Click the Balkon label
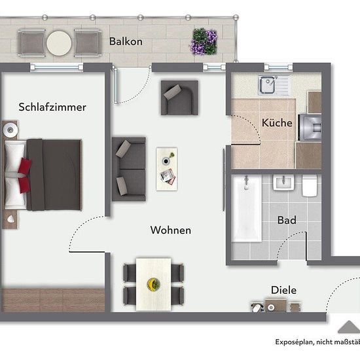click(x=126, y=41)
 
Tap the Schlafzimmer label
click(x=52, y=107)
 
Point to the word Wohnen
click(x=171, y=230)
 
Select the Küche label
click(x=277, y=122)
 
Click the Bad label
click(x=287, y=220)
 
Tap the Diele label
click(x=284, y=290)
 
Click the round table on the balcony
click(x=59, y=43)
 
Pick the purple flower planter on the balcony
click(x=204, y=41)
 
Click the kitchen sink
click(x=274, y=85)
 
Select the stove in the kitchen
click(x=310, y=128)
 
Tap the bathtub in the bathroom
click(x=246, y=208)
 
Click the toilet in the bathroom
click(x=310, y=185)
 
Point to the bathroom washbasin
click(x=283, y=183)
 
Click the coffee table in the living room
click(x=167, y=169)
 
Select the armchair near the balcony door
click(x=179, y=98)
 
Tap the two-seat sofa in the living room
click(x=128, y=170)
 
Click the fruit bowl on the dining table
click(x=153, y=284)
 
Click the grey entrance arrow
click(x=349, y=327)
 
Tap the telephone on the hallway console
click(x=257, y=308)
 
